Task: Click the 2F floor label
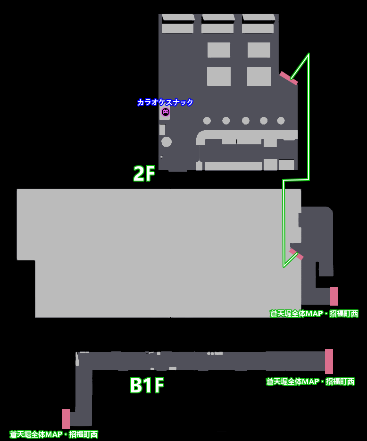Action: point(144,174)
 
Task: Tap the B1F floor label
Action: point(147,385)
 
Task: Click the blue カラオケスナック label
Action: point(165,102)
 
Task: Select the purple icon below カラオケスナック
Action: point(166,112)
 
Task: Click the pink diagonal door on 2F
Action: point(288,78)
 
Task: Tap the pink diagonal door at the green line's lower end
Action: point(296,254)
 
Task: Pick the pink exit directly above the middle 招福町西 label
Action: point(334,296)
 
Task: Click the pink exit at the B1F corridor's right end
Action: point(329,361)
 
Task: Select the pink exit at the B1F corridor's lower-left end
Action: point(66,418)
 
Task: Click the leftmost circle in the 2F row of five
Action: point(207,121)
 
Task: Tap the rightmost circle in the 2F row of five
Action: point(281,121)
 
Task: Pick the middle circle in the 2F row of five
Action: point(246,121)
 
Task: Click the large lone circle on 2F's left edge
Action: point(167,141)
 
